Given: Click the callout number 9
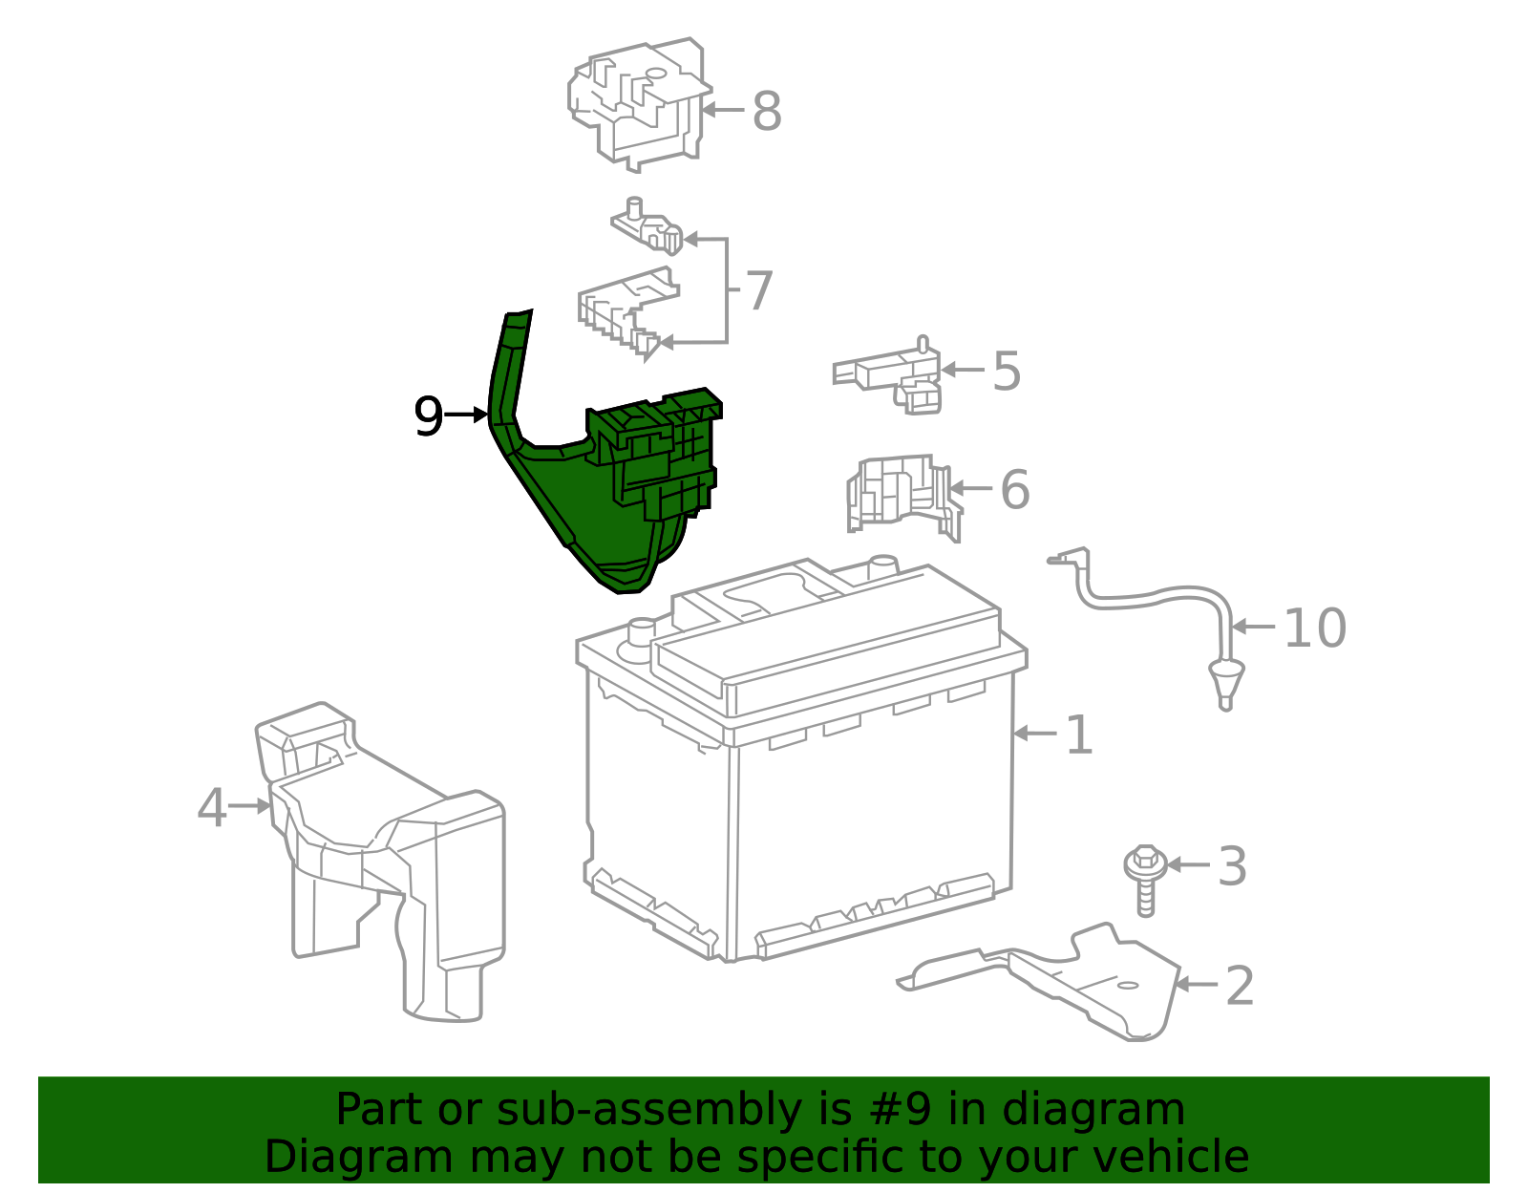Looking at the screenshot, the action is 429,416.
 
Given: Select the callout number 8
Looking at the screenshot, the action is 767,111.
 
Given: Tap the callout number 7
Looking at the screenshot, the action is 758,290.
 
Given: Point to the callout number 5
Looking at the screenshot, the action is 1007,371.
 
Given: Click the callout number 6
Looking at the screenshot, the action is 1014,489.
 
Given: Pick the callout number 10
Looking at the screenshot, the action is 1314,628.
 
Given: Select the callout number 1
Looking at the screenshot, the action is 1078,735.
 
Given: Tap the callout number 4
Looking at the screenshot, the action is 211,807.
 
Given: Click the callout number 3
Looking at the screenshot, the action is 1232,866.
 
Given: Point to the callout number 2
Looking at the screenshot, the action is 1239,985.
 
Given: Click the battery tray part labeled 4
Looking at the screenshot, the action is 382,860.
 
